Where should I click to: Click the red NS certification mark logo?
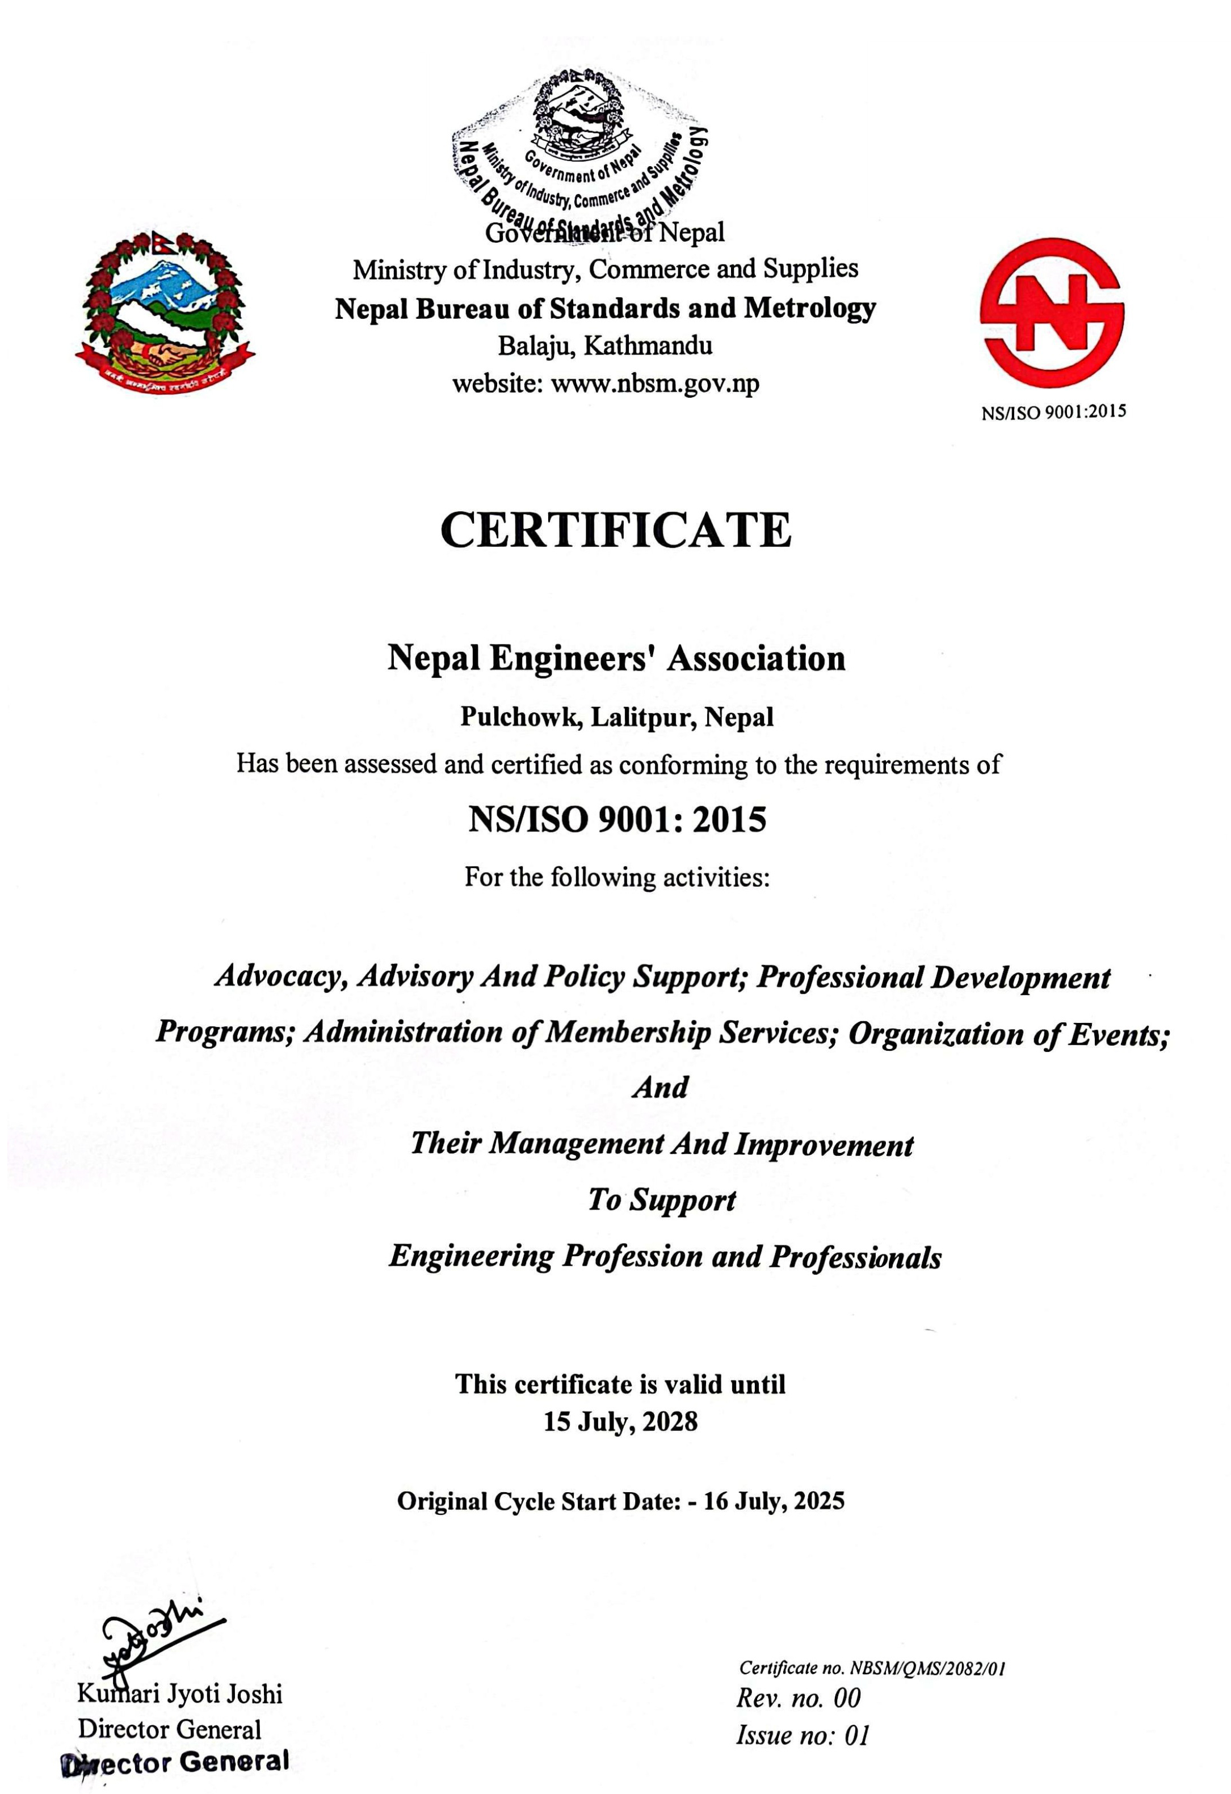tap(1051, 312)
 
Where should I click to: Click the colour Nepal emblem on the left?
tap(165, 308)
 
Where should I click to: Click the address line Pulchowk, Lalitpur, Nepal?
tap(616, 717)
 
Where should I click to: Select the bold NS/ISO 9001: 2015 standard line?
tap(616, 819)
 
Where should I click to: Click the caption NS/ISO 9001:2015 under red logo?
tap(1053, 412)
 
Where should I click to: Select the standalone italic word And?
tap(660, 1087)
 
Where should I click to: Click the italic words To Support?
tap(662, 1199)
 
